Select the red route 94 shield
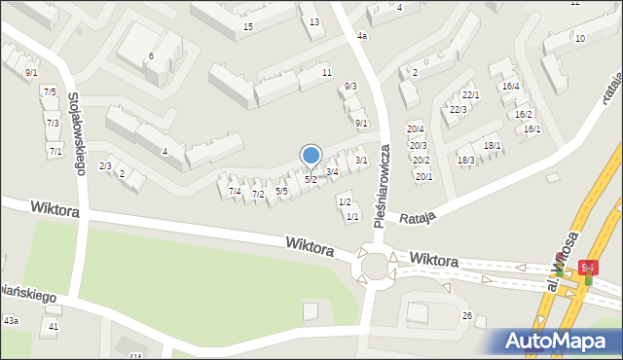[588, 266]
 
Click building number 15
[248, 26]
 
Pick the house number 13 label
[313, 21]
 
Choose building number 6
[151, 55]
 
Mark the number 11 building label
[327, 73]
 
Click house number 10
[580, 38]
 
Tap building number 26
[467, 315]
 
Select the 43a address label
[11, 320]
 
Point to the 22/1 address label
[471, 94]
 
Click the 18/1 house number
[493, 145]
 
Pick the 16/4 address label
[510, 87]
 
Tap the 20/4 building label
[416, 129]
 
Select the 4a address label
[362, 36]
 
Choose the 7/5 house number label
[50, 91]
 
